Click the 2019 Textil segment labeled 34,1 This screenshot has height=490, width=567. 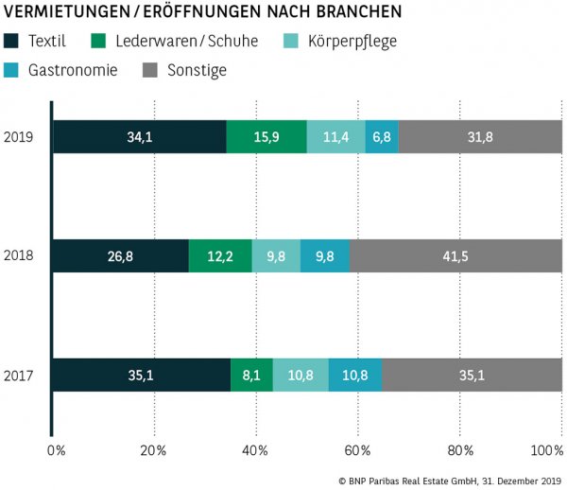pyautogui.click(x=139, y=137)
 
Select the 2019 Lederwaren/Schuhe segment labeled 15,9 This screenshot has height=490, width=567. pyautogui.click(x=266, y=137)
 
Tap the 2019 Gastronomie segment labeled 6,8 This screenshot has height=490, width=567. pyautogui.click(x=382, y=137)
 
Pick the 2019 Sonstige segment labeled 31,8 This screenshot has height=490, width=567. pyautogui.click(x=480, y=137)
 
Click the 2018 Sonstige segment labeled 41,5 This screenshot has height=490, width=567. pyautogui.click(x=455, y=256)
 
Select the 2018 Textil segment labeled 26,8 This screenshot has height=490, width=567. pyautogui.click(x=120, y=256)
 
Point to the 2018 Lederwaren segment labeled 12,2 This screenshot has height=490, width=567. pyautogui.click(x=220, y=256)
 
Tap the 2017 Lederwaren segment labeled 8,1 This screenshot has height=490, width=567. pyautogui.click(x=251, y=375)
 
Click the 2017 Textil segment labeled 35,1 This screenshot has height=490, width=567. pyautogui.click(x=141, y=375)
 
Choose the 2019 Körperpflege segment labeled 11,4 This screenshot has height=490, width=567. pyautogui.click(x=335, y=137)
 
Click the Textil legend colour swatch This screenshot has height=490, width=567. pyautogui.click(x=12, y=42)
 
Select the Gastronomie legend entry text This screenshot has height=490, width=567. pyautogui.click(x=73, y=70)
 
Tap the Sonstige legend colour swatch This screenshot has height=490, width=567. pyautogui.click(x=149, y=70)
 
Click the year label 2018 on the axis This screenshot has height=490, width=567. pyautogui.click(x=19, y=256)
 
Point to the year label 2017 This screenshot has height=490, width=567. pyautogui.click(x=19, y=376)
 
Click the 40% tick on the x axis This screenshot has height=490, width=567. pyautogui.click(x=256, y=449)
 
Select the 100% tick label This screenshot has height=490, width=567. pyautogui.click(x=546, y=449)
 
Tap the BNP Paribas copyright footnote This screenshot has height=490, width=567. pyautogui.click(x=449, y=481)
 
